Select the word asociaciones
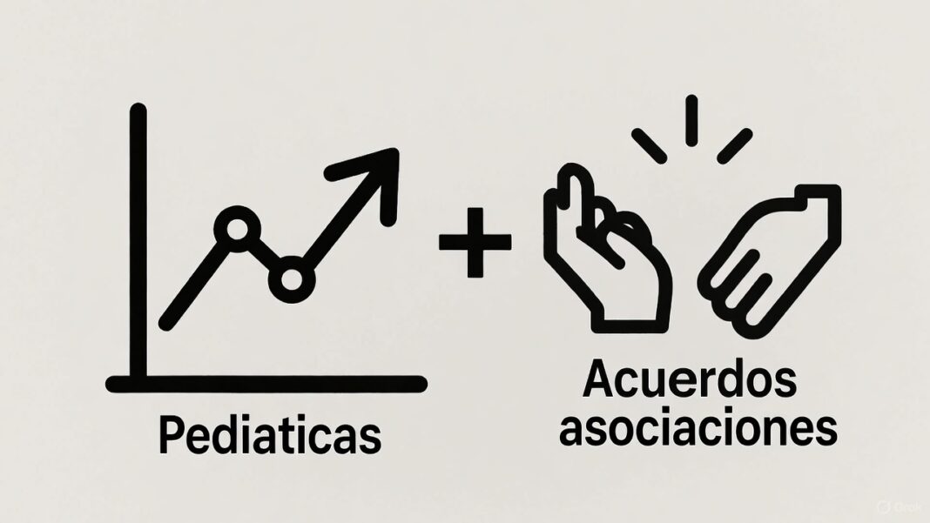point(697,429)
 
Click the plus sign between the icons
point(475,242)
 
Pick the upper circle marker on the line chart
point(237,229)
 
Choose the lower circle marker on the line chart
point(291,278)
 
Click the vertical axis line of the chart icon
point(138,244)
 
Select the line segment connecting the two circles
point(264,253)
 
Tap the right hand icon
point(774,257)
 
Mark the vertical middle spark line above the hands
point(691,120)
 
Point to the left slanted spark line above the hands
point(649,145)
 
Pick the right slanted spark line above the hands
point(734,145)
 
